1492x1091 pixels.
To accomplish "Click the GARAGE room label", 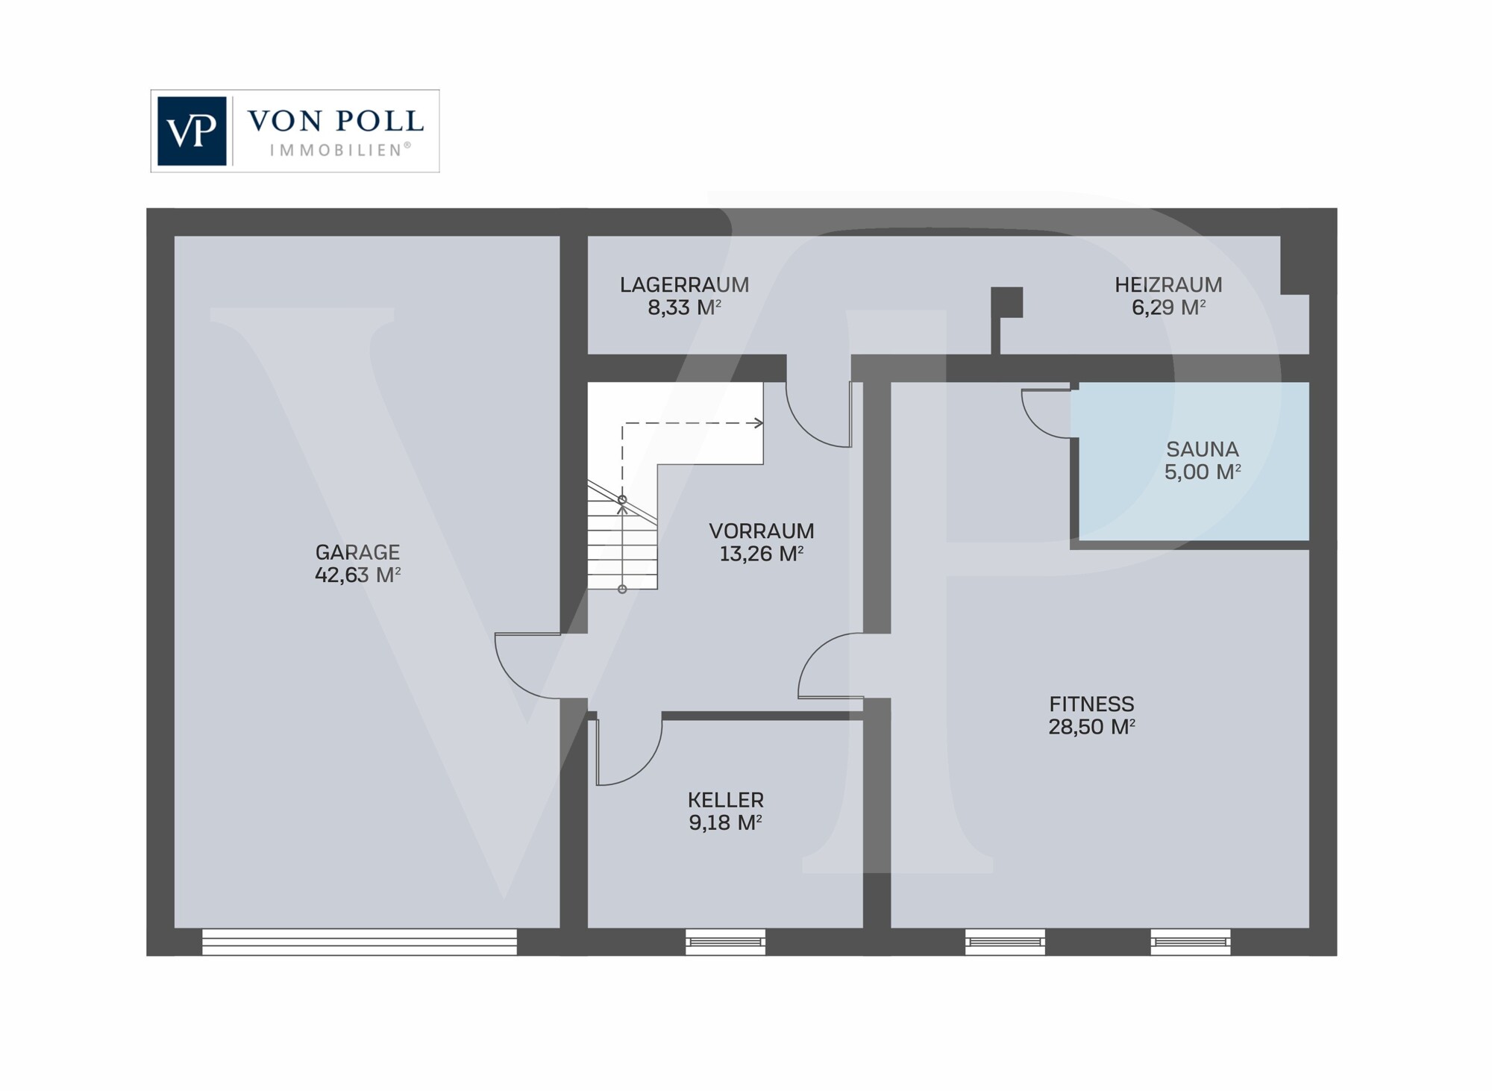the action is [357, 552].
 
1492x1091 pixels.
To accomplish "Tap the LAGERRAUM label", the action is [684, 285].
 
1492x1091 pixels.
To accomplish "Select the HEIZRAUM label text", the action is [1168, 285].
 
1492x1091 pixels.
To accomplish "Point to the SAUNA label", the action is [1202, 449].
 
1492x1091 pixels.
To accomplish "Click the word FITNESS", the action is [1091, 704].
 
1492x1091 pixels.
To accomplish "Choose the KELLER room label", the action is [725, 800].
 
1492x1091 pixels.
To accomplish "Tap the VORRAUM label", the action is [761, 531].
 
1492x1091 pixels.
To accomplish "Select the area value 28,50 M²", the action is [1091, 727].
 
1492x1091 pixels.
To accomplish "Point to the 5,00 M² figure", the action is [1202, 472].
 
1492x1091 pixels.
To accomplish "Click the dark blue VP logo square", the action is [192, 131].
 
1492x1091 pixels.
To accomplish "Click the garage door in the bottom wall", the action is [360, 942].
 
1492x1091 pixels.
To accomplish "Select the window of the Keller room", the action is [725, 942].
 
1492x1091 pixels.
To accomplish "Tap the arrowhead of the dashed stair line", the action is [759, 423].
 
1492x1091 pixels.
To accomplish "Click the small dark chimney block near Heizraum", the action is [1006, 302].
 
